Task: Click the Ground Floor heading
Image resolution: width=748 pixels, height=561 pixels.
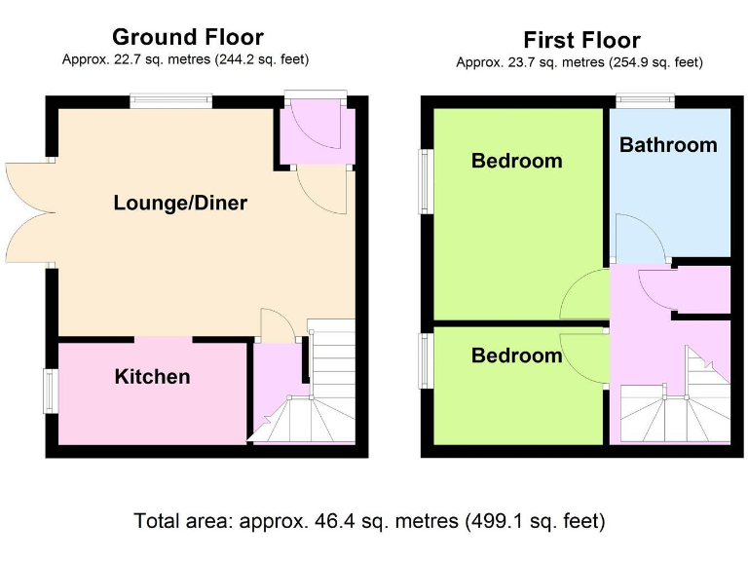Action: click(x=187, y=38)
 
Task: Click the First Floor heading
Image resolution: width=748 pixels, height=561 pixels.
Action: click(x=581, y=40)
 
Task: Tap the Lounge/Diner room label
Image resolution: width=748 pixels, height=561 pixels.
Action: click(x=180, y=204)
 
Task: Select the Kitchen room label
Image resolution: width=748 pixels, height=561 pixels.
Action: click(x=152, y=377)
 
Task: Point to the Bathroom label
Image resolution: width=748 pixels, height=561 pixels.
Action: click(x=668, y=145)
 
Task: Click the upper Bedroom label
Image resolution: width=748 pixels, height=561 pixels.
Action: click(x=516, y=161)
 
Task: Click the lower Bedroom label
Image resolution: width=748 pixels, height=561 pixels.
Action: click(x=516, y=355)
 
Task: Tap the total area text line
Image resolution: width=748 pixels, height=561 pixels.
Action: click(x=369, y=520)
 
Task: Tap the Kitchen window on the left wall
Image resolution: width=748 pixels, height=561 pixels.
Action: click(x=50, y=391)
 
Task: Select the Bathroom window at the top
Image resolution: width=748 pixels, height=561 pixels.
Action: click(x=646, y=98)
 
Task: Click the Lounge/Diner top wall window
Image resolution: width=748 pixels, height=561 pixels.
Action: click(x=171, y=98)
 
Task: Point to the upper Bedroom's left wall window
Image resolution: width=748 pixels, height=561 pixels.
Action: click(x=426, y=181)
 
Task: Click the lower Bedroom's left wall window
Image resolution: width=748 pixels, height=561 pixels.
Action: click(x=426, y=361)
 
